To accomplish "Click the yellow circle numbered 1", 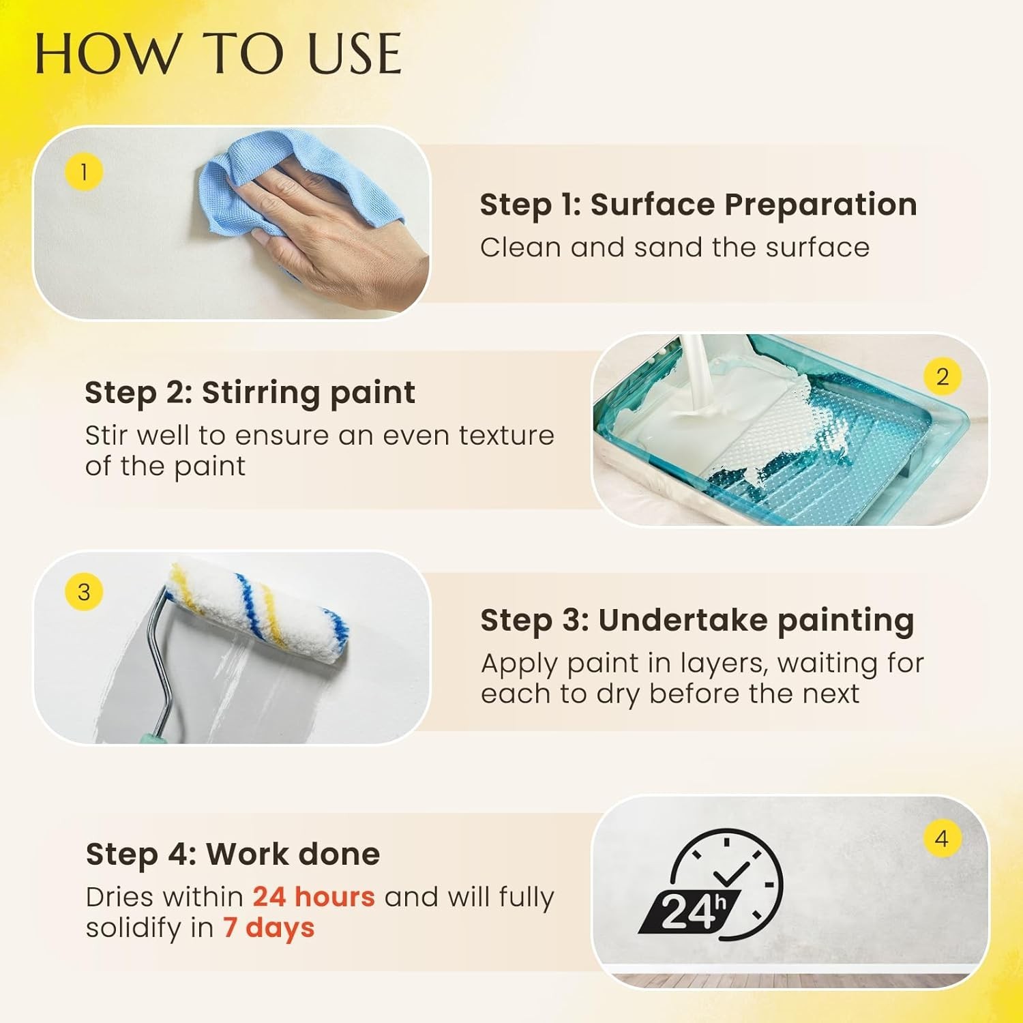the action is click(84, 172).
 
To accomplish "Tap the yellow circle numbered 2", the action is click(943, 376).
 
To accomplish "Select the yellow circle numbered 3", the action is click(84, 591).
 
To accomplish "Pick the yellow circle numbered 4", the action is click(942, 838).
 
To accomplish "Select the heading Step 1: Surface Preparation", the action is click(698, 205).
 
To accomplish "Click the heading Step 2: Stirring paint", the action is click(250, 393).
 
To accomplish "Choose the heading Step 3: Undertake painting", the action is click(697, 621).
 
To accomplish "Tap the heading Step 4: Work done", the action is click(233, 854).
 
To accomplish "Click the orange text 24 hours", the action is click(314, 897).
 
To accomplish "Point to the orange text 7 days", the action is click(269, 928).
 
